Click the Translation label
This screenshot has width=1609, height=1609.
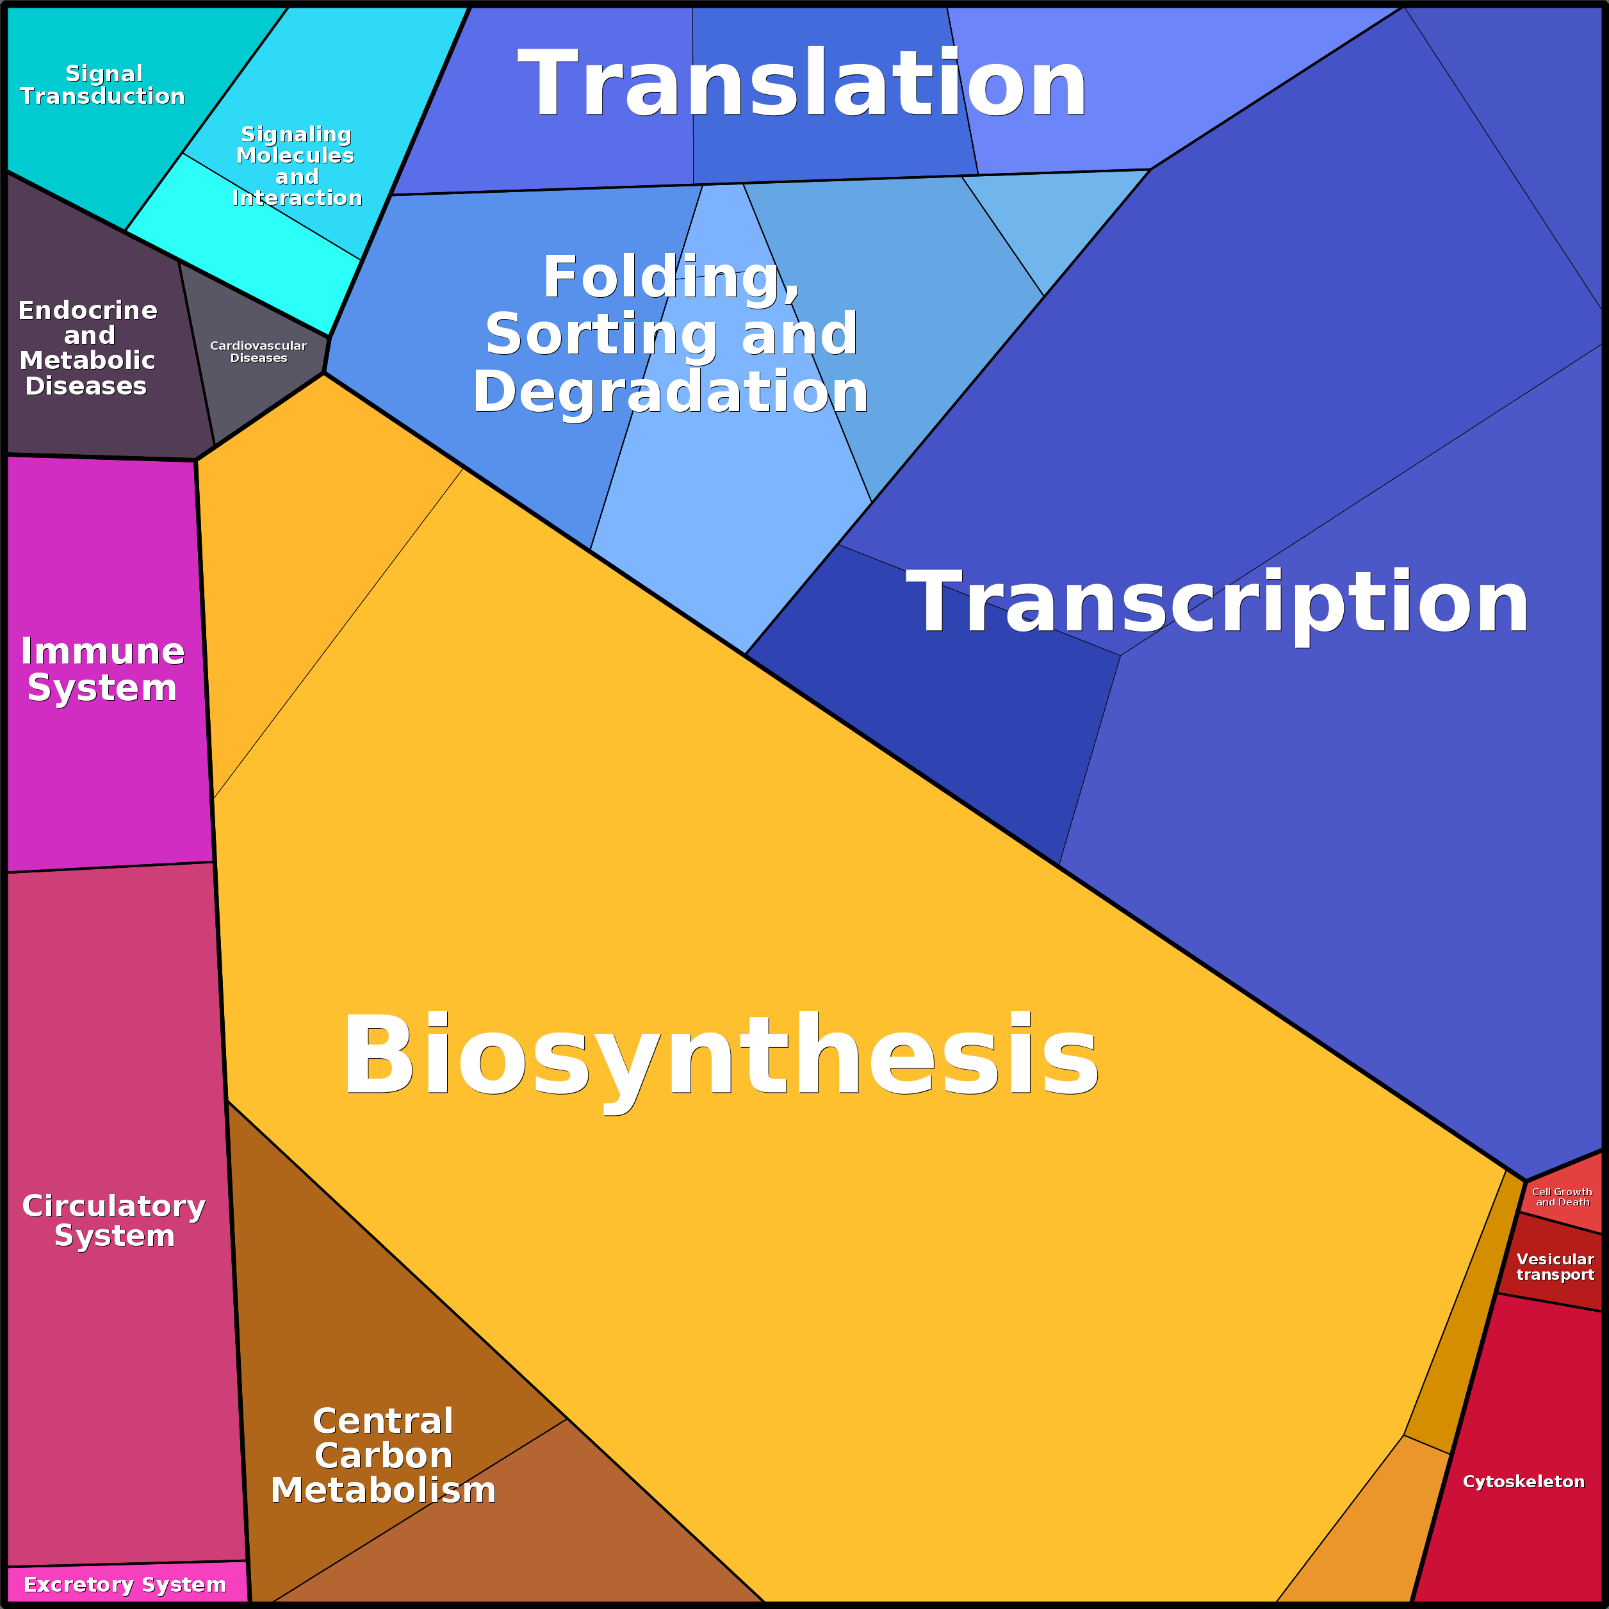(x=802, y=84)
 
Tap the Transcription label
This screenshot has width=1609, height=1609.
(x=1217, y=602)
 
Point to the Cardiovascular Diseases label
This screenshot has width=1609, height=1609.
(x=258, y=352)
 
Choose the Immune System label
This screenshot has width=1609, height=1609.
(x=102, y=669)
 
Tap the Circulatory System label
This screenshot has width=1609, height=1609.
(x=114, y=1220)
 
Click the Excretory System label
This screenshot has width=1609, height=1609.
(x=125, y=1584)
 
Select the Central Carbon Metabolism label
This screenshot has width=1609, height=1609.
(x=383, y=1455)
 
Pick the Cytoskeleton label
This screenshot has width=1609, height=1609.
(x=1523, y=1482)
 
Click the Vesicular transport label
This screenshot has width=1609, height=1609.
(x=1555, y=1267)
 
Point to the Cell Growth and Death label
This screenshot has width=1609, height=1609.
(x=1562, y=1197)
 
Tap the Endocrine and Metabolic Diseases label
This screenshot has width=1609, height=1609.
(x=88, y=347)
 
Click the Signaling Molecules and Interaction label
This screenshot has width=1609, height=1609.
(x=297, y=166)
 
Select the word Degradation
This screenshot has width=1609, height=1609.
(x=671, y=391)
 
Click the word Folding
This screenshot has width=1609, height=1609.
(x=671, y=277)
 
